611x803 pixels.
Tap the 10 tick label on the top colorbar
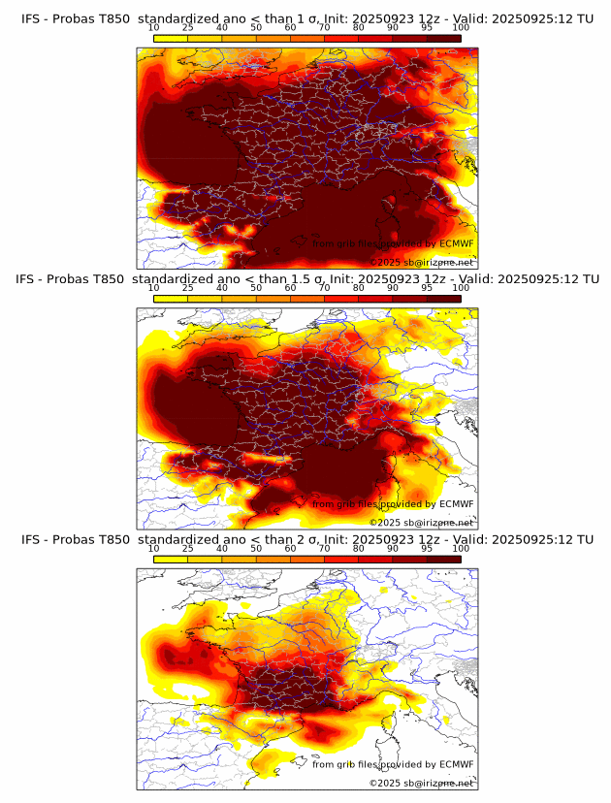(x=154, y=26)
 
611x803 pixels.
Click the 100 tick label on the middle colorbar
(x=461, y=288)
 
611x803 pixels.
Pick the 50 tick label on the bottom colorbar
(x=256, y=549)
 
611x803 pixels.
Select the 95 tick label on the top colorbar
(x=427, y=26)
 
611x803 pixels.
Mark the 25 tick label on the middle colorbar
(x=188, y=288)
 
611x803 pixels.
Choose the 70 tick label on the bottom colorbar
(x=325, y=549)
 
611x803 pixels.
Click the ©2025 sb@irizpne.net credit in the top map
(x=421, y=262)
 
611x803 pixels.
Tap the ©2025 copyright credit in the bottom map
(x=421, y=783)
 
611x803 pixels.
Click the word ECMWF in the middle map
(x=457, y=504)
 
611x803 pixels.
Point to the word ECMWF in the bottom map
(x=457, y=764)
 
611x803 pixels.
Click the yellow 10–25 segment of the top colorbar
(x=171, y=38)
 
